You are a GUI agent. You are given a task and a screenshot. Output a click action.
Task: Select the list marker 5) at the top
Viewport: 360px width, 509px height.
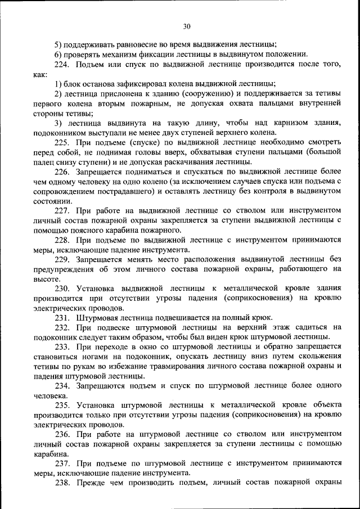coord(58,44)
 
